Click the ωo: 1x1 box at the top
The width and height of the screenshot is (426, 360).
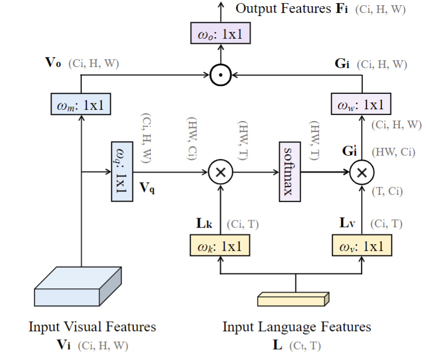point(221,34)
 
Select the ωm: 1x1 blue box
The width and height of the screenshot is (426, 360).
point(81,105)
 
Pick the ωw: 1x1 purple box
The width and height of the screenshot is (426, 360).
point(361,105)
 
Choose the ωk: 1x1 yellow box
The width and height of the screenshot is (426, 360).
point(220,246)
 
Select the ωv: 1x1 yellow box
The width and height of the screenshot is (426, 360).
point(361,246)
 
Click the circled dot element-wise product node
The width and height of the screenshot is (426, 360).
point(220,76)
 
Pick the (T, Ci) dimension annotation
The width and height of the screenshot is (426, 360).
point(387,192)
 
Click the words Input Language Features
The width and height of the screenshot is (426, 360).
point(296,327)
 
